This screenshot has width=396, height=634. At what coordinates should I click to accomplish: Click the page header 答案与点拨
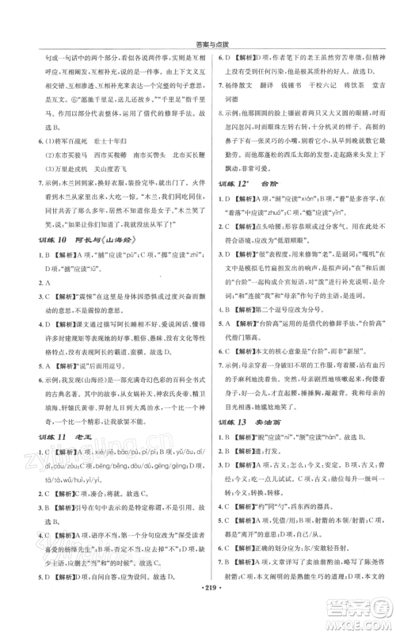tap(199, 11)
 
